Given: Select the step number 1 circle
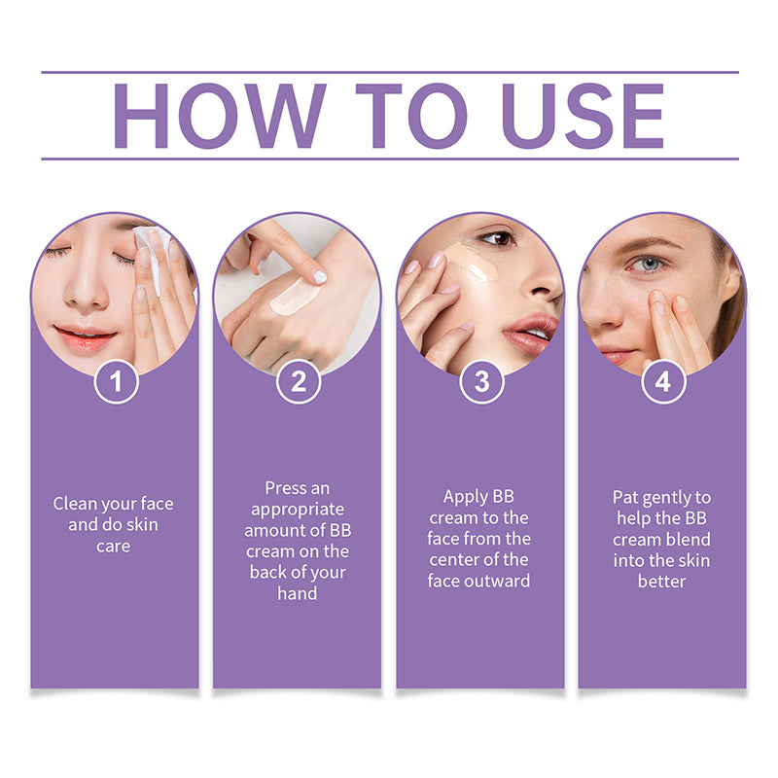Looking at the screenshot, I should (x=116, y=381).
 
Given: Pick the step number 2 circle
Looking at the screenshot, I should (x=298, y=381).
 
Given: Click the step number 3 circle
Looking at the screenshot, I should (x=480, y=381).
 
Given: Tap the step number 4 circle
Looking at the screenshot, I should (x=662, y=381).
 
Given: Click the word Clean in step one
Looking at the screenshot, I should (x=75, y=504).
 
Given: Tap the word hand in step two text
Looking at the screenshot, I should (x=298, y=592).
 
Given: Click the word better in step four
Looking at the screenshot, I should (x=662, y=582).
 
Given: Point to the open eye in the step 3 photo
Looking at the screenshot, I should (x=497, y=238).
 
